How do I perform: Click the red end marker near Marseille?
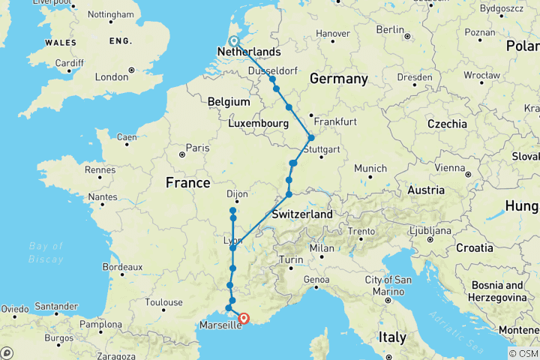pyautogui.click(x=244, y=318)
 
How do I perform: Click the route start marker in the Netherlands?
pyautogui.click(x=233, y=42)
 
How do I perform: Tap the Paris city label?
pyautogui.click(x=197, y=148)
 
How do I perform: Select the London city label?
pyautogui.click(x=112, y=76)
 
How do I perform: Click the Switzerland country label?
pyautogui.click(x=301, y=214)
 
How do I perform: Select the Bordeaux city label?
pyautogui.click(x=123, y=266)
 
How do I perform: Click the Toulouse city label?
pyautogui.click(x=164, y=302)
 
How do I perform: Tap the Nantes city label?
pyautogui.click(x=103, y=196)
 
